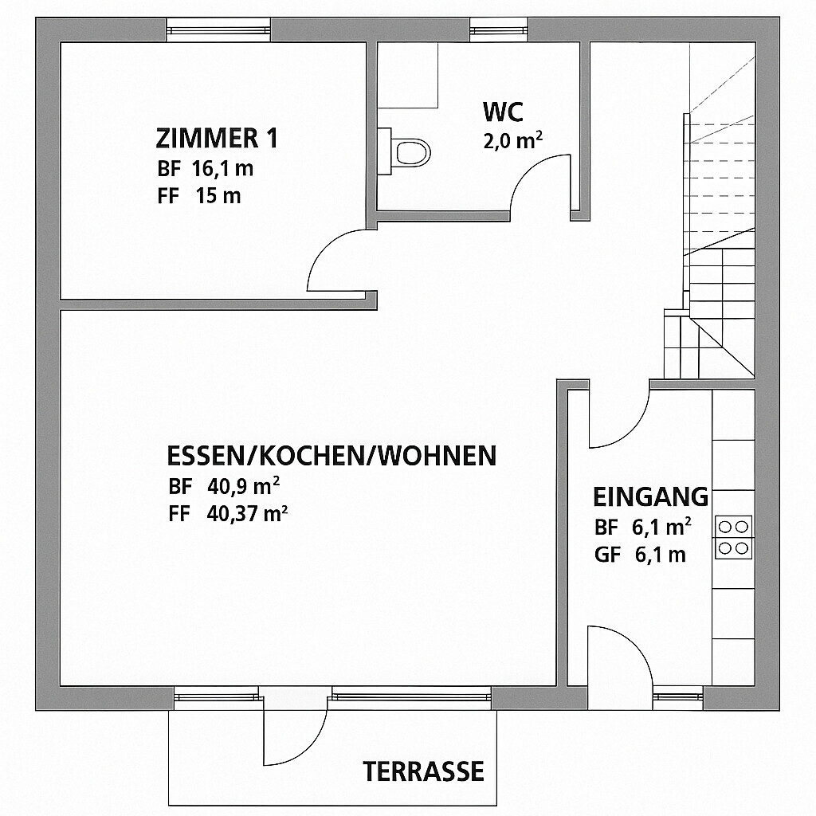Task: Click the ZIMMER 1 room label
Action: [217, 139]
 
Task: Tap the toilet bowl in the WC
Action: [410, 152]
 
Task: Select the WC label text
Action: [503, 112]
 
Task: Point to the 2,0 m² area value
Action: [513, 141]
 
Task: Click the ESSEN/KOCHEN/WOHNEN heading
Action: [331, 456]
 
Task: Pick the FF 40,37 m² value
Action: [228, 514]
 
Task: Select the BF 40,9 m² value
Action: [224, 487]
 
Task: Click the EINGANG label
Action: [650, 497]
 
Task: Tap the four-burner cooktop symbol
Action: [733, 538]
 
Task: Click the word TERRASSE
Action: [423, 771]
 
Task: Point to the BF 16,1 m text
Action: [206, 169]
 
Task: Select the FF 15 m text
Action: [199, 196]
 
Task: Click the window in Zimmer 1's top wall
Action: [218, 30]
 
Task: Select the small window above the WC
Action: [499, 29]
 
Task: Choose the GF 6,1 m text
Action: [640, 555]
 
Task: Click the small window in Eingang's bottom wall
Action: [678, 697]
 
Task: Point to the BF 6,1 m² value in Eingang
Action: [643, 528]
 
